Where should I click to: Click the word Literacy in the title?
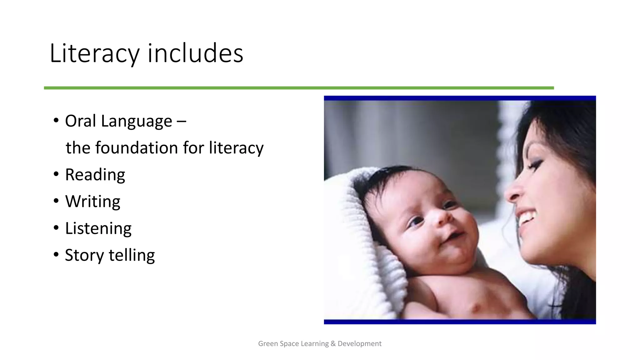coord(94,53)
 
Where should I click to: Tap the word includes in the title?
coord(195,53)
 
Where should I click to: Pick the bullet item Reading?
coord(95,175)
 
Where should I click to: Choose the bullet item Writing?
coord(92,202)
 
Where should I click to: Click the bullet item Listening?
coord(98,228)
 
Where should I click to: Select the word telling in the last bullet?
coord(132,255)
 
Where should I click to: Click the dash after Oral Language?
coord(181,122)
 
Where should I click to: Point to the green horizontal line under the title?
coord(299,88)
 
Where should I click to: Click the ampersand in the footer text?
coord(333,344)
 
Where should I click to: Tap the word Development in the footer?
coord(359,344)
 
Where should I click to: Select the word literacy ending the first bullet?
coord(236,148)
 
